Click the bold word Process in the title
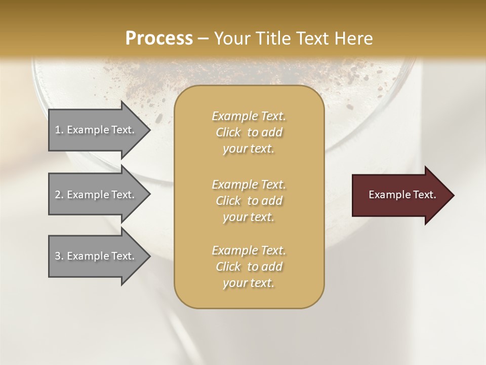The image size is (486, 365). (159, 39)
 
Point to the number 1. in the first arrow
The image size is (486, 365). (59, 130)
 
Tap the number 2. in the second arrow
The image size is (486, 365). (59, 195)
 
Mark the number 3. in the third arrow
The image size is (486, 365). (59, 256)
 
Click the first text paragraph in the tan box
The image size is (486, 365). (249, 132)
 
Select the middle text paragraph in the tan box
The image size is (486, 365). (249, 201)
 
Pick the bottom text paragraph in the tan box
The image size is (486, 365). (249, 267)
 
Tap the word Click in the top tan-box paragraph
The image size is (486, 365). (228, 133)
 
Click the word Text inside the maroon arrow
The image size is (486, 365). (424, 195)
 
